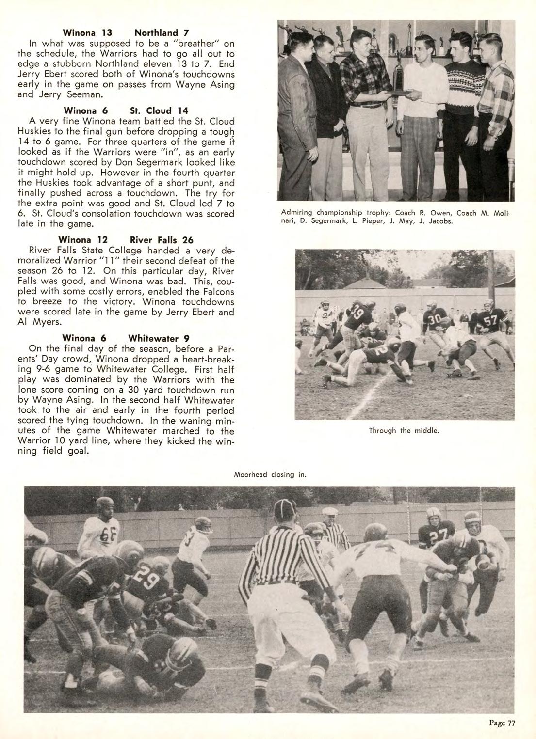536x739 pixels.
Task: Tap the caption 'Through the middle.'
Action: [404, 430]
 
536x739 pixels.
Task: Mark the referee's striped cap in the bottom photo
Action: [285, 509]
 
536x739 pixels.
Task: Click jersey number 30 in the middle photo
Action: [434, 319]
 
